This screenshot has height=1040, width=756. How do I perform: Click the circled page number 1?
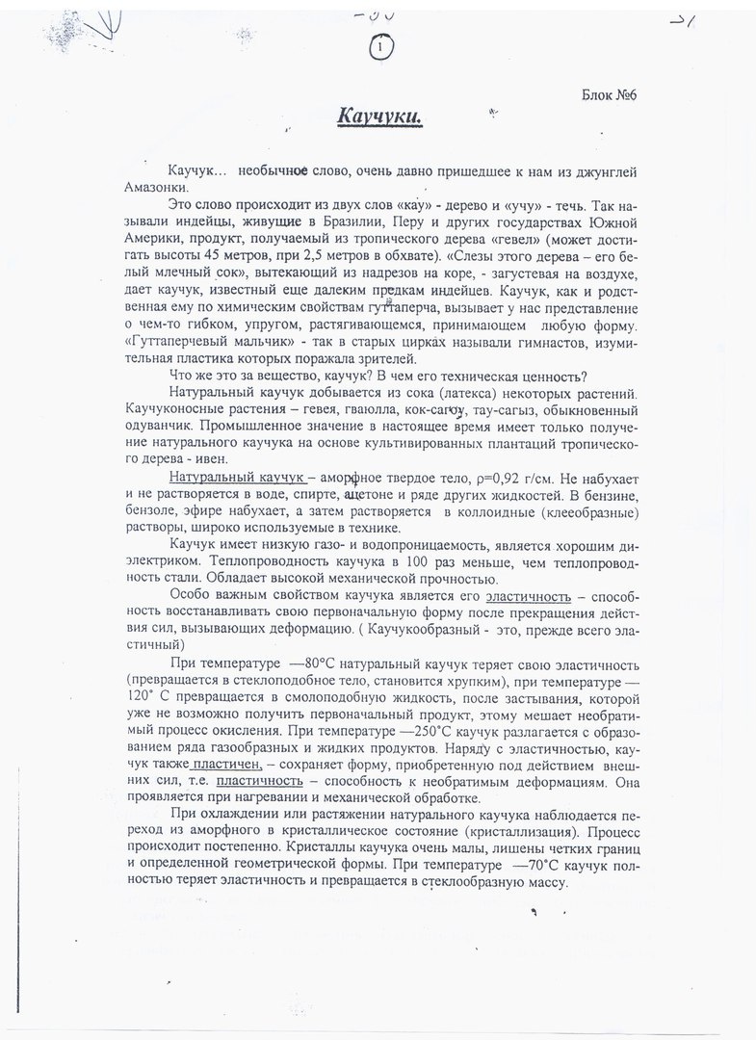pyautogui.click(x=382, y=45)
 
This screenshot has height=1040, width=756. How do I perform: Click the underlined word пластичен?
pyautogui.click(x=228, y=765)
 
